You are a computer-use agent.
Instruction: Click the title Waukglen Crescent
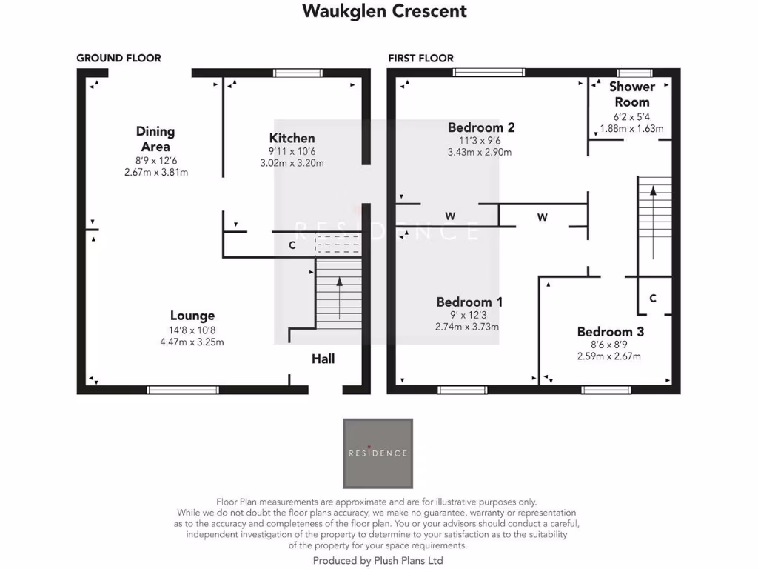tap(384, 11)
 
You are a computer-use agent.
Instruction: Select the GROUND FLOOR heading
tap(118, 58)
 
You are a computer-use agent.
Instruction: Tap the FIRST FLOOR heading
tap(420, 58)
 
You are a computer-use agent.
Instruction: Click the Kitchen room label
tap(292, 138)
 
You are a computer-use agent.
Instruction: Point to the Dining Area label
tap(155, 139)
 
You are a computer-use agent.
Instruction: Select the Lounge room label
tap(192, 316)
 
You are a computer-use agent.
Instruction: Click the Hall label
tap(323, 359)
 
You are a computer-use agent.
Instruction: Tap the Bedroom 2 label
tap(481, 127)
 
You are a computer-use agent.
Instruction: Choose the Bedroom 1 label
tap(469, 302)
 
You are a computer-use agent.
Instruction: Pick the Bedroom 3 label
tap(610, 331)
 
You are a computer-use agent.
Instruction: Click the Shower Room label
tap(631, 94)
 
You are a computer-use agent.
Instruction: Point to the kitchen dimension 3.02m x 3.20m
tap(292, 163)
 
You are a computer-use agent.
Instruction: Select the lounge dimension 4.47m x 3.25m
tap(192, 342)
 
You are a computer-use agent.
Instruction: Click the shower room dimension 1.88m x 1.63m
tap(631, 128)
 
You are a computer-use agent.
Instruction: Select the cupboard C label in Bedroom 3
tap(652, 298)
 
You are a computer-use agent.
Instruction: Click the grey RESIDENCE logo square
tap(378, 453)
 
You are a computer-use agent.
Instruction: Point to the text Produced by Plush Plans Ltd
tap(378, 561)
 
